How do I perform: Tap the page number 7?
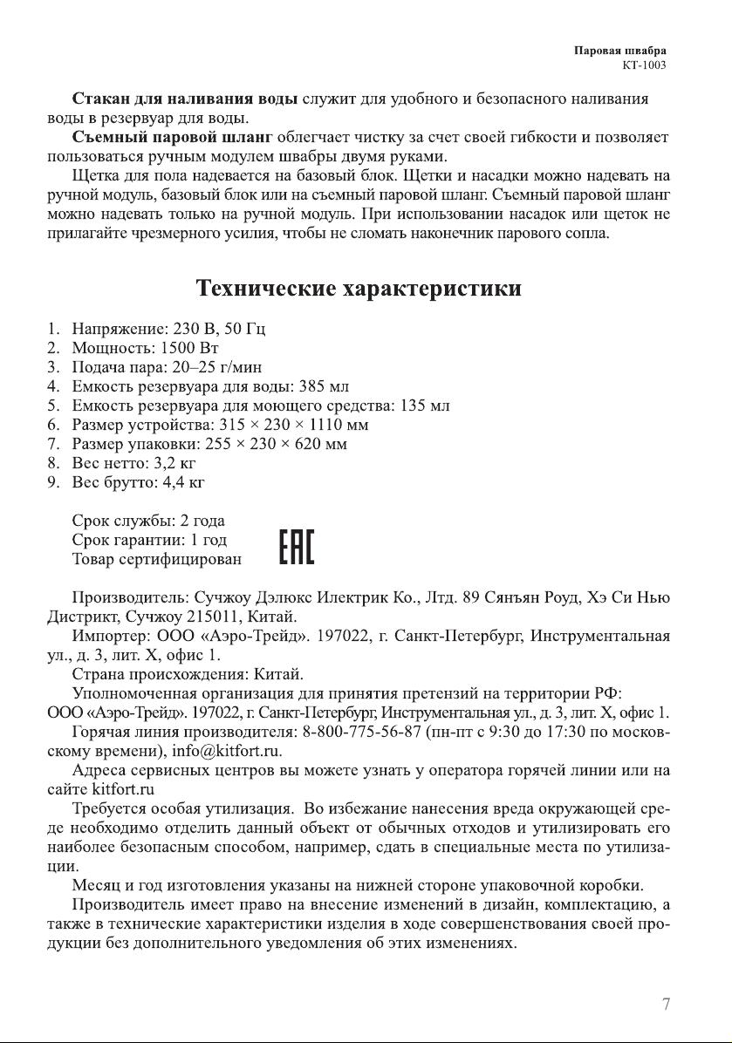(x=667, y=1004)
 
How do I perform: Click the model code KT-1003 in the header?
(x=646, y=65)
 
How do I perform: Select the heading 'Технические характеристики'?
(x=359, y=289)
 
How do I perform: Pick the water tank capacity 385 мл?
(x=325, y=386)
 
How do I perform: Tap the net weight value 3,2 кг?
(x=171, y=462)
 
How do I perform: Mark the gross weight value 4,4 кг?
(x=178, y=481)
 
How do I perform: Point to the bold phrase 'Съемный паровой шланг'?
(x=173, y=138)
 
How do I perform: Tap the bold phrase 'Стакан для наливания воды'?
(x=185, y=99)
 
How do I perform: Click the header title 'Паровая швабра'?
(x=626, y=51)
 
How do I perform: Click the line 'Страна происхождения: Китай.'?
(x=188, y=674)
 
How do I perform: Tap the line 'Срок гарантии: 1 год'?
(x=149, y=540)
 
